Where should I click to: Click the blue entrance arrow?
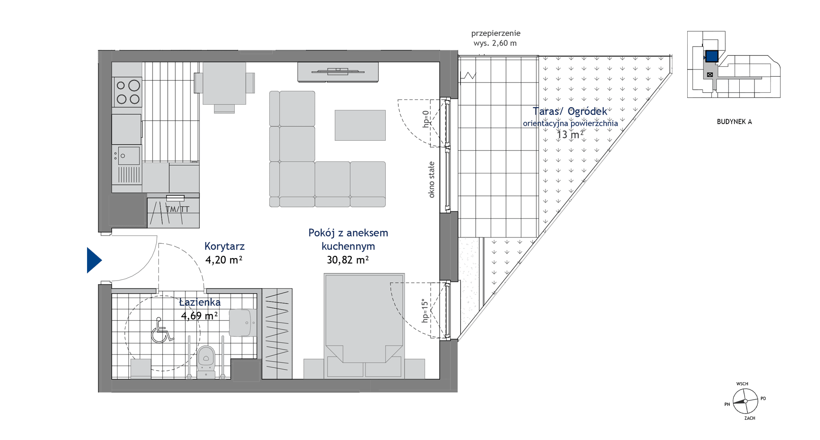[93, 260]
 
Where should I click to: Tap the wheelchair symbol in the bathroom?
[161, 330]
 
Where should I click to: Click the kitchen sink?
[129, 155]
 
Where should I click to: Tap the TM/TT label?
[178, 209]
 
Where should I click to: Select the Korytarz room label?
[224, 246]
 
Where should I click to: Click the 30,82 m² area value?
[348, 259]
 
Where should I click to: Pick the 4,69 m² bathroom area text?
[199, 315]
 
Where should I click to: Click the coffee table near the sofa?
[360, 125]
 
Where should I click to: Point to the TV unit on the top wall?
[338, 72]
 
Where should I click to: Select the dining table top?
[224, 83]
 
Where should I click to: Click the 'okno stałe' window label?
[431, 180]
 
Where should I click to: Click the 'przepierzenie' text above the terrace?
[496, 33]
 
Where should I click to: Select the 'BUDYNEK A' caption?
[734, 121]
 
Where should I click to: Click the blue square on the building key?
[712, 56]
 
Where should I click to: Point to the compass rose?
[745, 401]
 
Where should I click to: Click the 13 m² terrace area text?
[570, 134]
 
